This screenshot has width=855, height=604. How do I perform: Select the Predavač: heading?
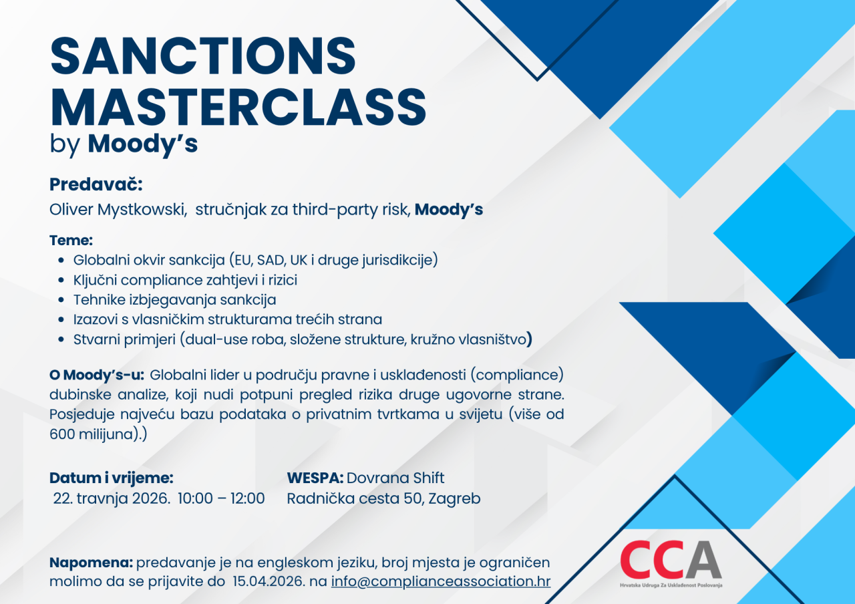(96, 184)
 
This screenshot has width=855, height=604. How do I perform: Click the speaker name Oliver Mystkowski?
(118, 210)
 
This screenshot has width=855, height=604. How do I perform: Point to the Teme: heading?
(71, 241)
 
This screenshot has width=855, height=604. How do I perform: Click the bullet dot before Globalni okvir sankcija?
(61, 261)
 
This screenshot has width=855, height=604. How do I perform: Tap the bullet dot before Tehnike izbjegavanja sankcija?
(61, 300)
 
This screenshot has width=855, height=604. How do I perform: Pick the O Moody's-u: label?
(97, 375)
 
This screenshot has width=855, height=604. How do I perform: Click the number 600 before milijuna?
(62, 434)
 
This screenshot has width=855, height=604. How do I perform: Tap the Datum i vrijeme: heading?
(112, 478)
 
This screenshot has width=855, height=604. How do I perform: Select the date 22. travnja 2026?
(112, 498)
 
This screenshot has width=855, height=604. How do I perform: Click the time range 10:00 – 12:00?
(221, 498)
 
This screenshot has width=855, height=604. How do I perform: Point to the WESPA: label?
(315, 478)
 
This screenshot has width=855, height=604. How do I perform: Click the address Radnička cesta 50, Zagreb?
(383, 498)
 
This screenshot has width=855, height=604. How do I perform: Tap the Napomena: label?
(92, 563)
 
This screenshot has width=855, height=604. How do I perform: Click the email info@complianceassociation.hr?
(441, 581)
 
